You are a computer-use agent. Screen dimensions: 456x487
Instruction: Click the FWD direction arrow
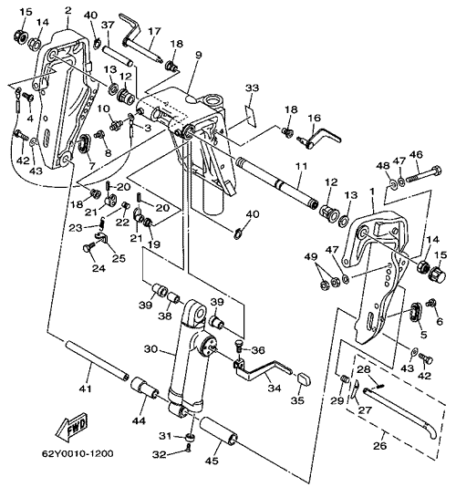tap(71, 427)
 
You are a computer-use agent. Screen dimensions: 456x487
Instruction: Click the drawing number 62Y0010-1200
tap(78, 454)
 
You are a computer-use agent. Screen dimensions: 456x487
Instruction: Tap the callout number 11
tap(301, 166)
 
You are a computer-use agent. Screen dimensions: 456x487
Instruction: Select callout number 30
tap(150, 349)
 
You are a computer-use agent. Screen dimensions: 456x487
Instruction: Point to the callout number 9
tap(199, 55)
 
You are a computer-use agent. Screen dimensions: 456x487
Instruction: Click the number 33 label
tap(252, 88)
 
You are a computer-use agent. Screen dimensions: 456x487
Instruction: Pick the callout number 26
tap(379, 446)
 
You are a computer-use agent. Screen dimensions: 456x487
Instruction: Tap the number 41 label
tap(86, 388)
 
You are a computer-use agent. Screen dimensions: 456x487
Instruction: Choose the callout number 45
tap(212, 461)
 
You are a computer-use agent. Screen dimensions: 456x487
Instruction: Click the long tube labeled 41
tap(98, 360)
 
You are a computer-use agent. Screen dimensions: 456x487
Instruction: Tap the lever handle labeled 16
tap(319, 139)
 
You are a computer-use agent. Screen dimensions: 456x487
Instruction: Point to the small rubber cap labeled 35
tap(304, 378)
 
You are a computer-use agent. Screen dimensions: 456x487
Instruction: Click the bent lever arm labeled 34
tap(263, 368)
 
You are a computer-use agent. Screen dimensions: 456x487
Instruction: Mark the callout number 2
tap(68, 10)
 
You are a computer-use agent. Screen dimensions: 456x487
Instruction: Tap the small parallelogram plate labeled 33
tap(251, 116)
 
